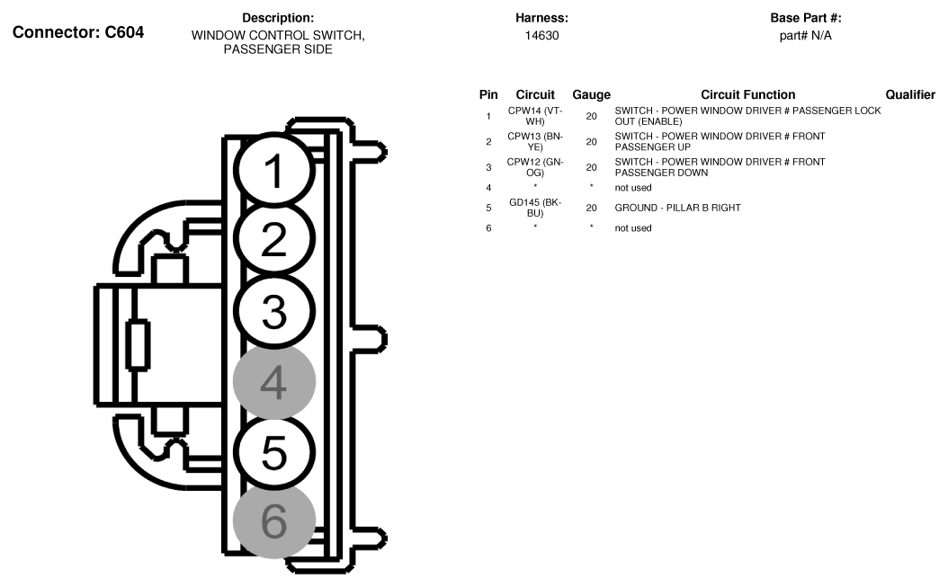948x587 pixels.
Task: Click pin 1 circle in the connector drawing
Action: click(x=274, y=172)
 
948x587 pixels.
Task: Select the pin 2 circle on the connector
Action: click(x=274, y=240)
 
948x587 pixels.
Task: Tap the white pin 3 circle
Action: click(x=274, y=310)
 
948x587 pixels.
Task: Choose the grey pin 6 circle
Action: click(x=274, y=520)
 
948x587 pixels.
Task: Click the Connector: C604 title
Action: click(x=77, y=32)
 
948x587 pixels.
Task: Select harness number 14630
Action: click(x=541, y=36)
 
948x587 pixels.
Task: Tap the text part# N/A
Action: click(x=805, y=36)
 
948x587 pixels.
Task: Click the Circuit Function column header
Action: click(x=747, y=94)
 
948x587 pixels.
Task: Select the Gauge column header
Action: click(x=591, y=94)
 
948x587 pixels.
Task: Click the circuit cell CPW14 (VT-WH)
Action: click(x=535, y=116)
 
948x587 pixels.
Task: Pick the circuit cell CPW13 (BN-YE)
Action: click(x=535, y=141)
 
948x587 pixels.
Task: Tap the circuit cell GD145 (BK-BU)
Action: click(x=535, y=208)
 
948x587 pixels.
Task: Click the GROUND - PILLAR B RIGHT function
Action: click(x=677, y=208)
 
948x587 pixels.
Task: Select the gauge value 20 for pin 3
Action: click(x=591, y=167)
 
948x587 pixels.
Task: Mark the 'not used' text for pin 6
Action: click(x=633, y=228)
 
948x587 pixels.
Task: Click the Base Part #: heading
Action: click(x=805, y=18)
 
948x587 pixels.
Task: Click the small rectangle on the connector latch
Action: click(x=138, y=344)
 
